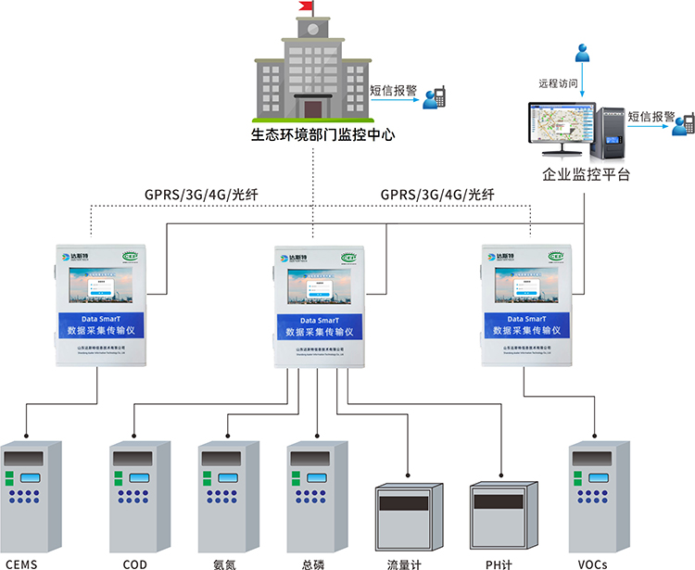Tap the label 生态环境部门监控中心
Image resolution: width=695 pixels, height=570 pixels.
[311, 134]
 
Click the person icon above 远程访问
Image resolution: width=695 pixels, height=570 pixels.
[581, 54]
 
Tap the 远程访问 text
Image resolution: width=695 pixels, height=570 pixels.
[559, 83]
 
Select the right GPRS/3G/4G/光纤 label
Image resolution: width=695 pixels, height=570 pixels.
[437, 195]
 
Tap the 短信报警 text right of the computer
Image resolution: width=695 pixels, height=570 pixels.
[651, 117]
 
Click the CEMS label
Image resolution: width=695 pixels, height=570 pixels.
[24, 563]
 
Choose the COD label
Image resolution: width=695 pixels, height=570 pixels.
[134, 563]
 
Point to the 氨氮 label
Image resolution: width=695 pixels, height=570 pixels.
[224, 563]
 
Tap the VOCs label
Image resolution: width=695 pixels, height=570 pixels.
[593, 563]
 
